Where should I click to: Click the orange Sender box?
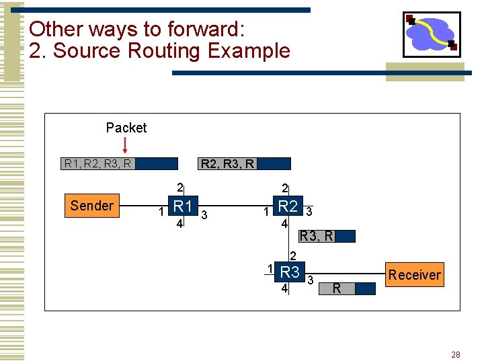(x=91, y=206)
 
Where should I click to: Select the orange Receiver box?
(x=414, y=274)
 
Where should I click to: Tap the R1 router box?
(x=183, y=206)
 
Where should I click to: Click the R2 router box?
(x=288, y=206)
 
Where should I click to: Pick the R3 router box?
(x=290, y=272)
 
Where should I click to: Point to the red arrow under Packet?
(x=125, y=144)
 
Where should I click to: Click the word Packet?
(x=126, y=128)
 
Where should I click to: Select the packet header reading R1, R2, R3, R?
(x=97, y=163)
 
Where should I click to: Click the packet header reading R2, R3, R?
(x=228, y=163)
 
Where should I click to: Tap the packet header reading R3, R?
(x=316, y=236)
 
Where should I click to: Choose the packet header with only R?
(x=337, y=289)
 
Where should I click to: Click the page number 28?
(x=456, y=354)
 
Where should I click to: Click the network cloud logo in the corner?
(x=431, y=34)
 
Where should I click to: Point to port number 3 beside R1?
(x=204, y=214)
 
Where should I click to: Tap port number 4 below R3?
(x=285, y=289)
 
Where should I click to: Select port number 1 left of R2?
(x=266, y=212)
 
